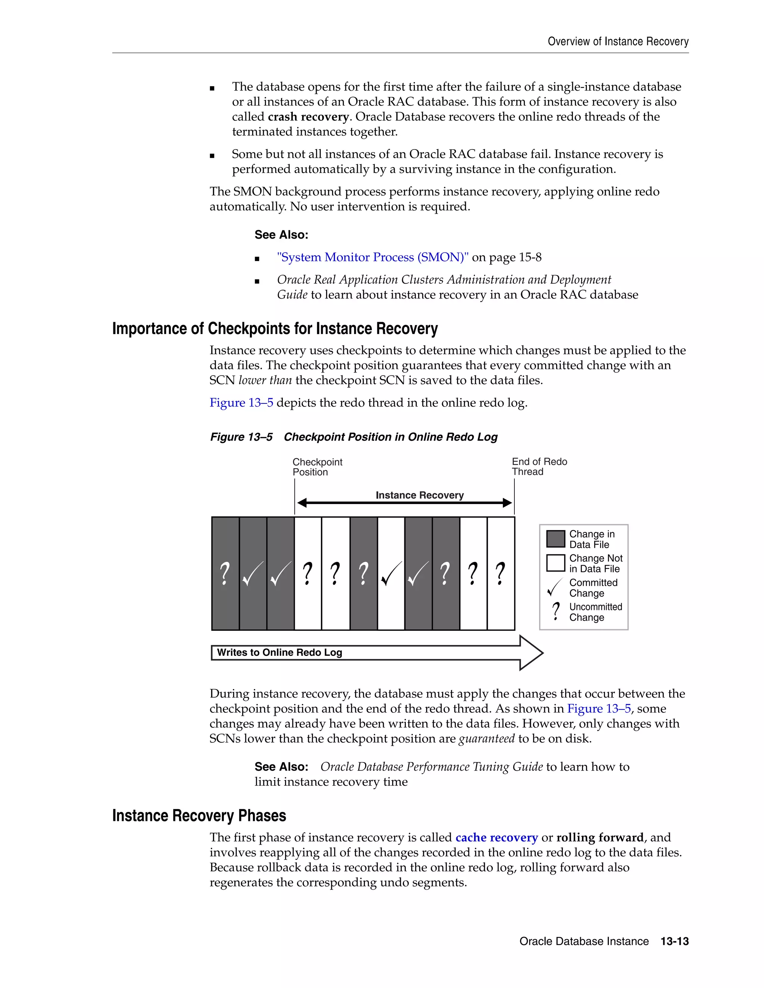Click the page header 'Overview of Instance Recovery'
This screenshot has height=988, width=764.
point(618,42)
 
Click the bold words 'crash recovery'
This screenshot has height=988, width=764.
point(308,117)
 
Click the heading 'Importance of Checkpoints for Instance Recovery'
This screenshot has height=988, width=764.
point(275,328)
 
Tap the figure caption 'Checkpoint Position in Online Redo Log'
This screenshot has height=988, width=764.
point(390,437)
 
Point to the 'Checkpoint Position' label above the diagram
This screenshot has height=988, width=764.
point(317,467)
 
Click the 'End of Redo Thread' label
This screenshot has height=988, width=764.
point(539,466)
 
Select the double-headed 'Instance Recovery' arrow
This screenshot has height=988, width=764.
point(404,503)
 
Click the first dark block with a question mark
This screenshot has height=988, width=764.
point(225,574)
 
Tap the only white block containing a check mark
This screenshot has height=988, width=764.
point(391,574)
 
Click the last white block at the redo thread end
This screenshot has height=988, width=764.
point(501,574)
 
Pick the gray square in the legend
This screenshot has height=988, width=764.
point(555,539)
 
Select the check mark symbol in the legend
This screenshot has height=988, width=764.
point(554,587)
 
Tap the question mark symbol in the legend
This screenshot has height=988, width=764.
point(556,611)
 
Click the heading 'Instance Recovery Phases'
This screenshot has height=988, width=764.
point(199,816)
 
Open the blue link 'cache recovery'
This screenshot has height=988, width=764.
point(497,838)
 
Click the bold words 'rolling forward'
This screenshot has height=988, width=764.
point(600,838)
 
